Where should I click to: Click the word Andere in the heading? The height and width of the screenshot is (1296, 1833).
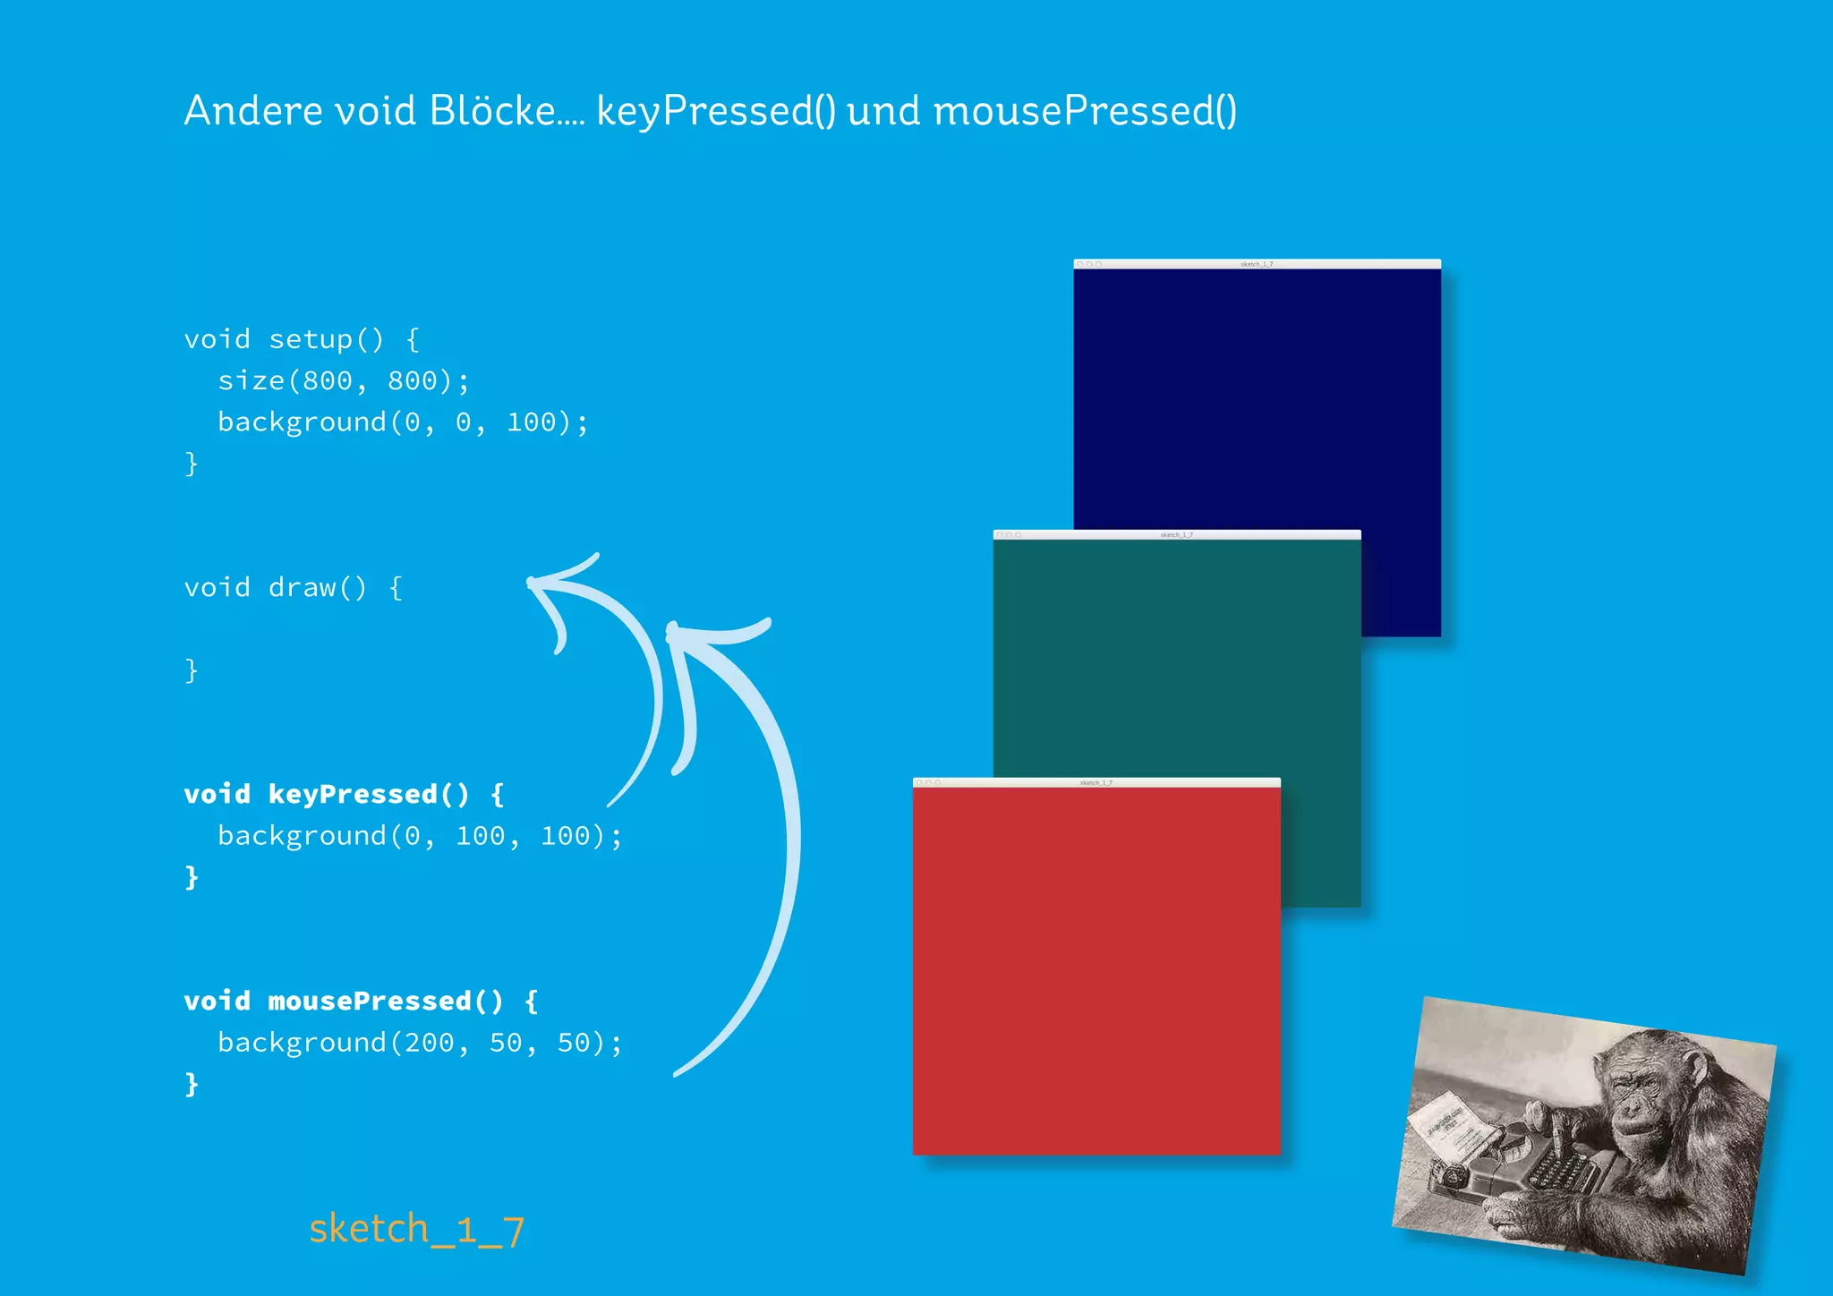(x=252, y=111)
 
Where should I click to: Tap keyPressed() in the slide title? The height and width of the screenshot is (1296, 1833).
(x=716, y=112)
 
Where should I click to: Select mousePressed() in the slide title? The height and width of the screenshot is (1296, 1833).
(x=1085, y=112)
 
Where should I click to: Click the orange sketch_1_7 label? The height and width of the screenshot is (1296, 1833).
(x=416, y=1230)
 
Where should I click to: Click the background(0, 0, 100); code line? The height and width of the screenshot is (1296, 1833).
(x=403, y=422)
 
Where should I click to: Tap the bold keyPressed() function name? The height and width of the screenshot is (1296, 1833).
(x=368, y=794)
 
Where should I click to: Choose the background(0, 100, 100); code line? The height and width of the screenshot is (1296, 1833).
(x=419, y=836)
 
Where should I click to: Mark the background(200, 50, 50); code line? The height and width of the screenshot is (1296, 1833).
(x=419, y=1043)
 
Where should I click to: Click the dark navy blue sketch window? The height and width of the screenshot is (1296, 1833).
(x=1257, y=394)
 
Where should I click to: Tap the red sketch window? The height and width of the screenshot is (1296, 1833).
(x=1096, y=971)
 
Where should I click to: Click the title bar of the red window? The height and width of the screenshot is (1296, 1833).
(x=1096, y=782)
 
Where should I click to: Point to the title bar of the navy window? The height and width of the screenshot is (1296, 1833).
(x=1257, y=264)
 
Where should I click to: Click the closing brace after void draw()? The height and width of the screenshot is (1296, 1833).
(x=191, y=670)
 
